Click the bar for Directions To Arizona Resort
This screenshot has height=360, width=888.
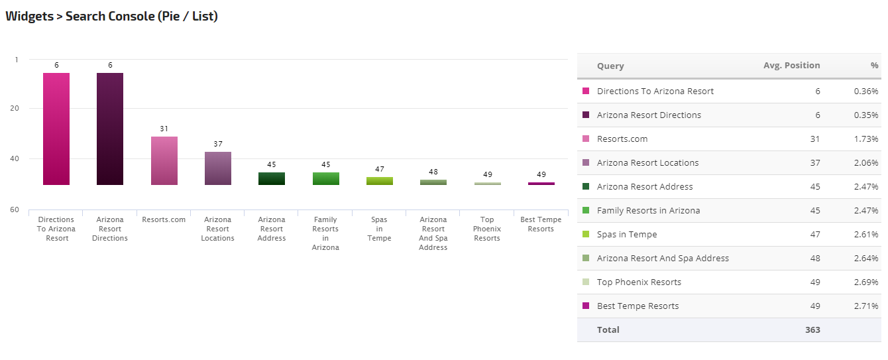tap(56, 129)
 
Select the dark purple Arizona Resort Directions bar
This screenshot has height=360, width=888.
tap(110, 129)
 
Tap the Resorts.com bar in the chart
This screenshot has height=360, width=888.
tap(164, 160)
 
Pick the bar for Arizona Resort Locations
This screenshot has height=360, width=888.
tap(217, 168)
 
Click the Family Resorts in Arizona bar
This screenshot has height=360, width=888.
tap(325, 178)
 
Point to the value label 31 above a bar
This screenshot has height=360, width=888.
tap(164, 129)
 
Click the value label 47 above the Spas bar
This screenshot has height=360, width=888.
tap(379, 169)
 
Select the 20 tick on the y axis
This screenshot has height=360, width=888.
tap(14, 108)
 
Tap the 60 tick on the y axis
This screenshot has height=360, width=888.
tap(14, 210)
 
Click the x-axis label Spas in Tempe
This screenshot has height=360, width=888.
tap(379, 229)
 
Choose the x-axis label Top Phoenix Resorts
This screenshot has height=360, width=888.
tap(487, 229)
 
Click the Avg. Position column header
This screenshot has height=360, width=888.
tap(791, 66)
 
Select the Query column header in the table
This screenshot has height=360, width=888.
tap(610, 66)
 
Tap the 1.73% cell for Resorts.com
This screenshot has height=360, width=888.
tap(866, 139)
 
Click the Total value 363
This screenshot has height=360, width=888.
tap(812, 330)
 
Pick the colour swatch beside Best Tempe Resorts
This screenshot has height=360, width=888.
tap(586, 306)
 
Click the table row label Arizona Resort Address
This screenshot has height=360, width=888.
tap(645, 187)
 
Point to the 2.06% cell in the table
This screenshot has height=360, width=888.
tap(866, 163)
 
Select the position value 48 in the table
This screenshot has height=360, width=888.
tap(814, 259)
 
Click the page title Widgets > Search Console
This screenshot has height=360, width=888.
tap(111, 16)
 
